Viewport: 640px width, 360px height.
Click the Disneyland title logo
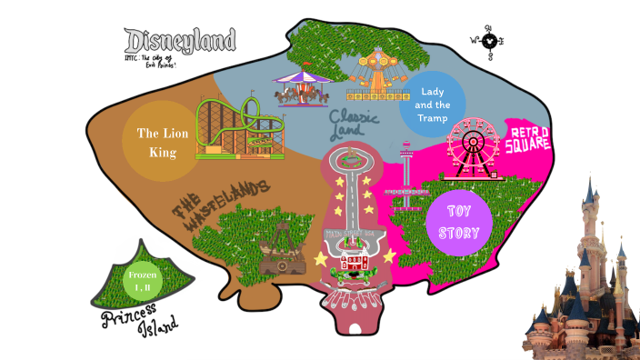click(180, 40)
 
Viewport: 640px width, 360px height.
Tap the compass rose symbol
click(490, 40)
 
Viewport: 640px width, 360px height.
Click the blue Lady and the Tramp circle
click(432, 104)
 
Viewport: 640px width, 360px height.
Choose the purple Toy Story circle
click(458, 222)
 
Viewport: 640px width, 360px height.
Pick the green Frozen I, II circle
click(143, 280)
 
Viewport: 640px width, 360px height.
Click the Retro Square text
click(527, 139)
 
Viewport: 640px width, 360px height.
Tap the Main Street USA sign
click(350, 234)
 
